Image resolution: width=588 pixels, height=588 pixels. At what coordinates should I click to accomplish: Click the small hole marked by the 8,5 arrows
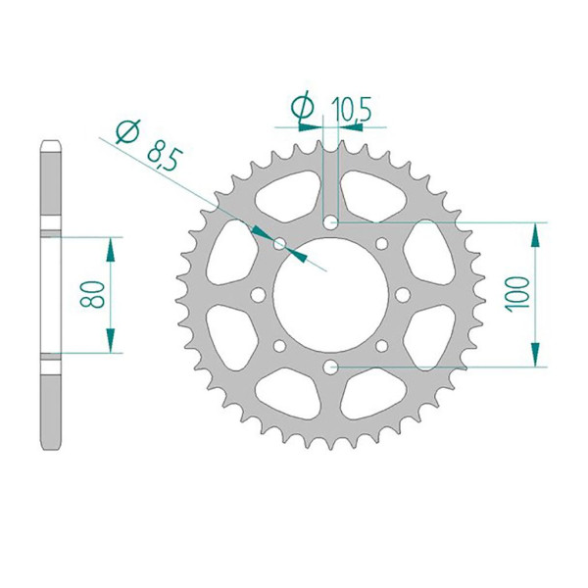[x=278, y=242]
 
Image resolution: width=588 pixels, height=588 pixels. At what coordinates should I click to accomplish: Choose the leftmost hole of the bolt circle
[x=257, y=294]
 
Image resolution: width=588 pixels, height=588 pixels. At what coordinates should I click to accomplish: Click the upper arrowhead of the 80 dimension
[x=111, y=246]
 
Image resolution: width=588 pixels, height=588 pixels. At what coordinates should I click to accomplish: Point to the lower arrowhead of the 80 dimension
[x=111, y=342]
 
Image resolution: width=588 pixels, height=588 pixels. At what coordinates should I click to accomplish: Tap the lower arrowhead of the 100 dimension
[x=536, y=357]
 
